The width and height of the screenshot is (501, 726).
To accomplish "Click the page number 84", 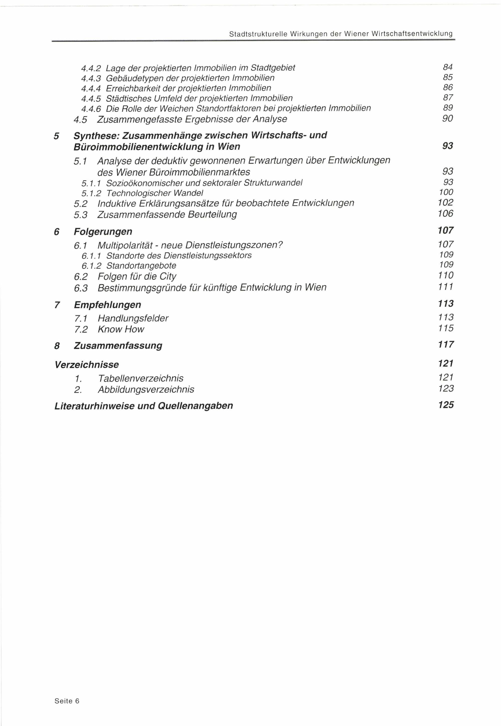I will pyautogui.click(x=448, y=67).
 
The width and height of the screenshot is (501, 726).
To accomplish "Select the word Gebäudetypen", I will pyautogui.click(x=132, y=78).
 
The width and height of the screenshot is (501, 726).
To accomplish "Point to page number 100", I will pyautogui.click(x=446, y=192).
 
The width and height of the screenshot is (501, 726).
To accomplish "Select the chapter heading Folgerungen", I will pyautogui.click(x=103, y=232).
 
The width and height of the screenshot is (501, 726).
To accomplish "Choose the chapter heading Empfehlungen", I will pyautogui.click(x=107, y=305).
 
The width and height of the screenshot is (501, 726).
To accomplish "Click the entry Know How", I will pyautogui.click(x=121, y=329).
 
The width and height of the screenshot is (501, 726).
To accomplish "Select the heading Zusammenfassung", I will pyautogui.click(x=118, y=346).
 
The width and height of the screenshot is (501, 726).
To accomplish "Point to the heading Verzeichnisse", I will pyautogui.click(x=87, y=365).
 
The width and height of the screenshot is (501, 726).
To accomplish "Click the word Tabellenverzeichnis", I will pyautogui.click(x=141, y=378).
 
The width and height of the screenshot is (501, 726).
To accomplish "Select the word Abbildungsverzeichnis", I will pyautogui.click(x=146, y=390).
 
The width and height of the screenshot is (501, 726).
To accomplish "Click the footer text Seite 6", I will pyautogui.click(x=67, y=701).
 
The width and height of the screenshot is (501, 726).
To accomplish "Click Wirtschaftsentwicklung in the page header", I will pyautogui.click(x=412, y=34).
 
